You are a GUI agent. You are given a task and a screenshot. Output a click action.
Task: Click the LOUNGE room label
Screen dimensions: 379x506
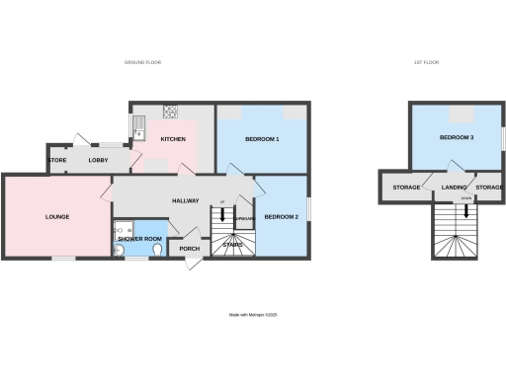point(55,216)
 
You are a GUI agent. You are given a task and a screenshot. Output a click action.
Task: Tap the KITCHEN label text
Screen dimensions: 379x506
point(173,139)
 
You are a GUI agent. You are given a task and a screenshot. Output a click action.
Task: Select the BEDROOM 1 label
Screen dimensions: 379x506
point(263,139)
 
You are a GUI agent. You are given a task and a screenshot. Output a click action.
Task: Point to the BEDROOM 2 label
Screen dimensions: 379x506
point(281,216)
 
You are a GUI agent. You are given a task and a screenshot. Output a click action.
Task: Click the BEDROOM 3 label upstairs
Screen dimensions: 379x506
point(457,137)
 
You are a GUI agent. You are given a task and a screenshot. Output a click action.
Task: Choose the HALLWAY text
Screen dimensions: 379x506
point(186,200)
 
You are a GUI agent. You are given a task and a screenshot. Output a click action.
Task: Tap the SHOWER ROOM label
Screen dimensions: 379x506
point(139,239)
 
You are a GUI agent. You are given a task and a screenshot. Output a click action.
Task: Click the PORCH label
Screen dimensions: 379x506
point(189,249)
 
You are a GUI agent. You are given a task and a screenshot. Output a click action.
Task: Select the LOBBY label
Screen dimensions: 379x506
point(99,160)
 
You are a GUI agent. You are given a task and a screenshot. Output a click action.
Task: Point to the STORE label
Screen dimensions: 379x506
point(57,160)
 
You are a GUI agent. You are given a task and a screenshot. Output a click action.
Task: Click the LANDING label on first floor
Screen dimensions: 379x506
point(455,187)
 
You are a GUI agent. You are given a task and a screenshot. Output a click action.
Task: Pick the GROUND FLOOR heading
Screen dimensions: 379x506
point(142,62)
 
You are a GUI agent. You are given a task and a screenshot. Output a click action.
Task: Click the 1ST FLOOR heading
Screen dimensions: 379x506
point(426,62)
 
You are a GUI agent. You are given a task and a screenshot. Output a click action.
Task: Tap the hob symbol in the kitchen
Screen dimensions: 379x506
point(169,111)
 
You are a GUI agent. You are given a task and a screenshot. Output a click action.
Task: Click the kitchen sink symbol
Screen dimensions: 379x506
point(139,124)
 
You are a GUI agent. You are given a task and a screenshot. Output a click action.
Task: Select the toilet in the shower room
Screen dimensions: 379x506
point(159,251)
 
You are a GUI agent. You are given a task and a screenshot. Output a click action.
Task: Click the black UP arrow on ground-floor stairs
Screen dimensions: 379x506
point(222,216)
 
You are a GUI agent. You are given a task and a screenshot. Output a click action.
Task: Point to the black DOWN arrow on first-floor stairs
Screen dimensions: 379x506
point(465,209)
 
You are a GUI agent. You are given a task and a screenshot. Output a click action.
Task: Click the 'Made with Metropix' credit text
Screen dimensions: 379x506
point(253,316)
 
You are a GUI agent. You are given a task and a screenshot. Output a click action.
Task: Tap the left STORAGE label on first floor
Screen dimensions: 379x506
point(407,187)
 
